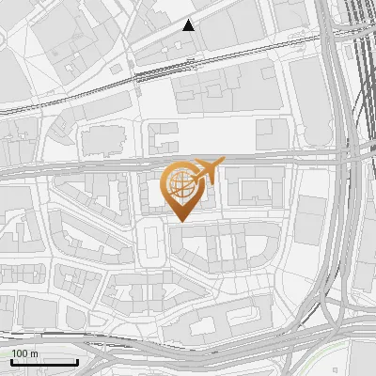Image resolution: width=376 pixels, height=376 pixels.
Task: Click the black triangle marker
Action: (x=189, y=25)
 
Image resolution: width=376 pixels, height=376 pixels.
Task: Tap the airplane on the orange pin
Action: (x=208, y=171)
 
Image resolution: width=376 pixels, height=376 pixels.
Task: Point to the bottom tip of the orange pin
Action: (x=180, y=219)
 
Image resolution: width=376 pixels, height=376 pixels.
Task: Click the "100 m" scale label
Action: (x=24, y=353)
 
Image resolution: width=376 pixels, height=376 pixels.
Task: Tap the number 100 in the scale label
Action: (x=19, y=353)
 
